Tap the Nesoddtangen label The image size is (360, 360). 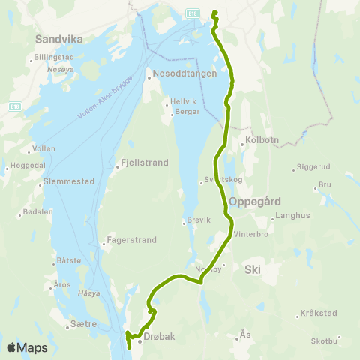tap(184, 74)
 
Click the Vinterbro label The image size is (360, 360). tap(250, 233)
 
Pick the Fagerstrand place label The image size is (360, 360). tap(131, 241)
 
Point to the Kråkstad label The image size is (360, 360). tap(318, 313)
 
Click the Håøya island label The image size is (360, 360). tap(88, 292)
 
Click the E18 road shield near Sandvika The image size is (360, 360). tap(13, 107)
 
